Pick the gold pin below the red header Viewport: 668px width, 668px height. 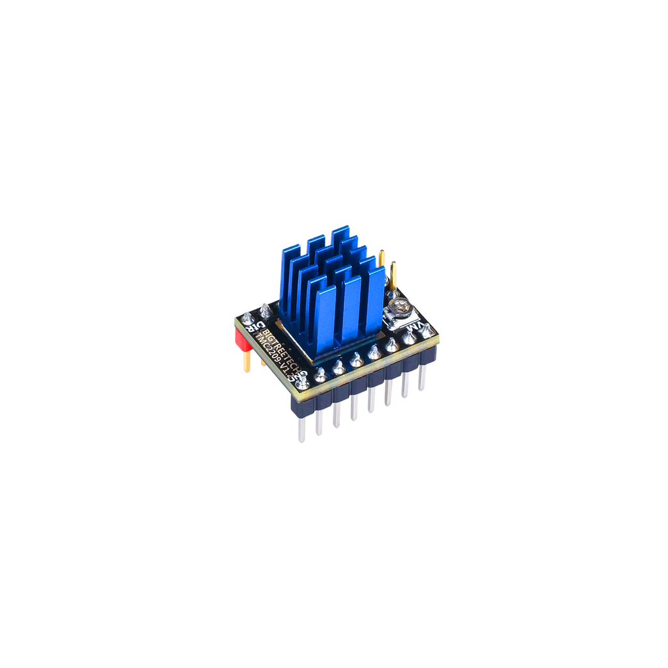coord(248,362)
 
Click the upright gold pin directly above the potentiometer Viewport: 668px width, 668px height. coord(394,274)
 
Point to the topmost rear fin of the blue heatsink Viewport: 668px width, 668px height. coord(340,238)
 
